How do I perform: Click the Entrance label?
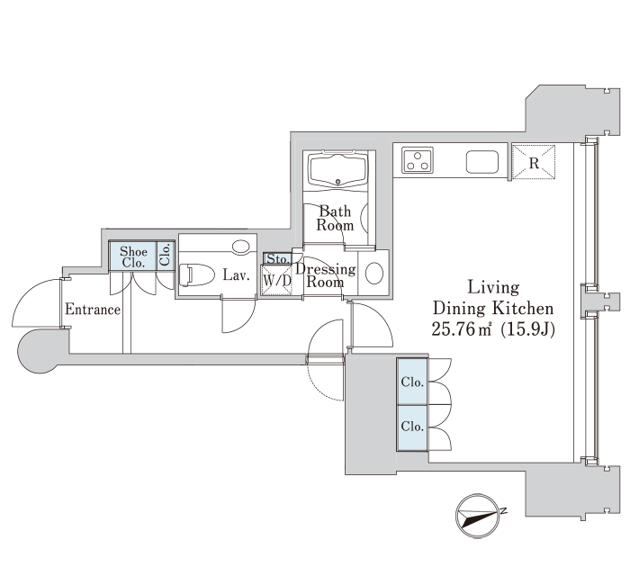point(93,310)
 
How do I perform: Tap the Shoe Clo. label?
point(133,257)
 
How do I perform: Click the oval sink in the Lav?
point(240,247)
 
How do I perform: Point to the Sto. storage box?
point(277,258)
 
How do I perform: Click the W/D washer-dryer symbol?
point(276,281)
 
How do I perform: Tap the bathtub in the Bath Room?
point(337,170)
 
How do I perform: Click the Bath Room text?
point(335,218)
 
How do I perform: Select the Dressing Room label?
point(326,275)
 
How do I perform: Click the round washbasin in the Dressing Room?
point(373,274)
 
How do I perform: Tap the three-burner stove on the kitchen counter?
point(418,160)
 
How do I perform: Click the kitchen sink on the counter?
point(482,162)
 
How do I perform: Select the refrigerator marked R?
point(534,161)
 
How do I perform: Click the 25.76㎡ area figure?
point(462,329)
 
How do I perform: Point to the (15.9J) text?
point(528,329)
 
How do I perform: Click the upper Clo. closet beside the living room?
point(412,381)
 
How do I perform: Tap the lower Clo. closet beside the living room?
point(412,427)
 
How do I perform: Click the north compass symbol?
point(477,516)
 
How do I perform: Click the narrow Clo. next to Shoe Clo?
point(165,255)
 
